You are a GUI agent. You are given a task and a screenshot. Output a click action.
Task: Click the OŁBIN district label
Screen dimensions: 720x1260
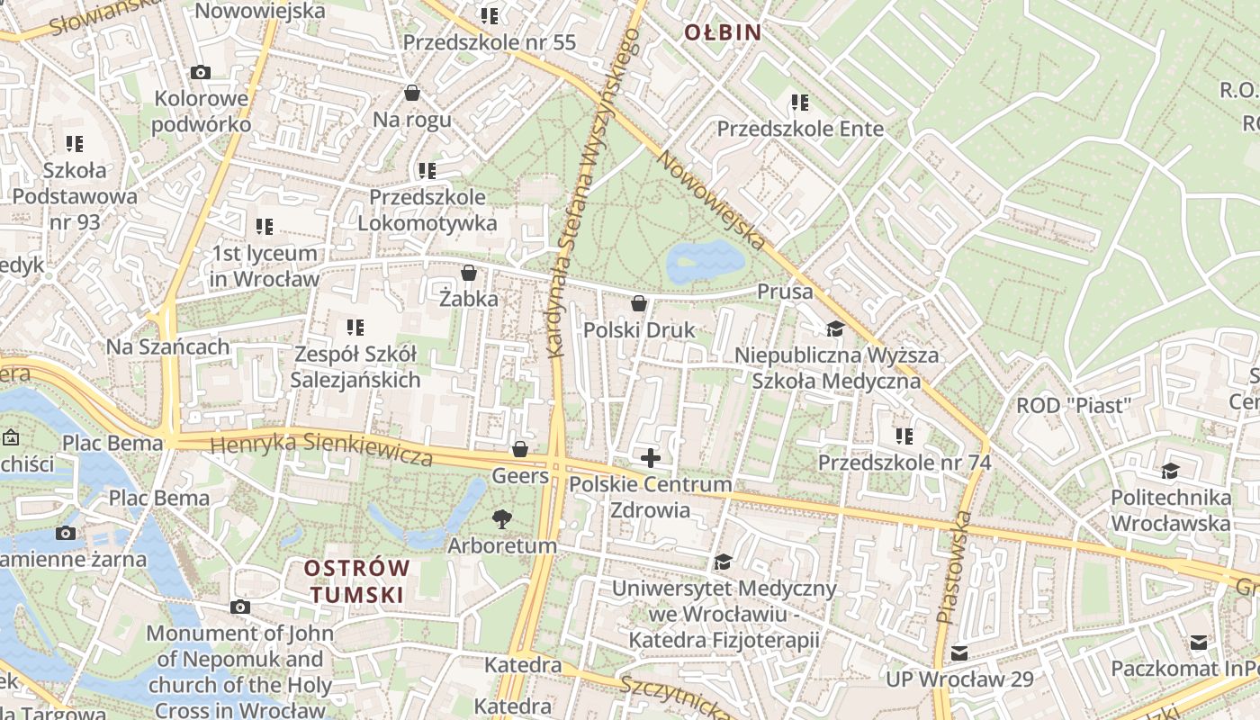(723, 33)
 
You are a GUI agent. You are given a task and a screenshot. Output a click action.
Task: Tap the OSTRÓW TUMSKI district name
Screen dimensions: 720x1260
(356, 581)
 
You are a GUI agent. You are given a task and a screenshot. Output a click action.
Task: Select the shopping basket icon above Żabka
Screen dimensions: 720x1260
(468, 273)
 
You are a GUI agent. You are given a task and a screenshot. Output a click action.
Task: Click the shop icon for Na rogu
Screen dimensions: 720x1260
(412, 93)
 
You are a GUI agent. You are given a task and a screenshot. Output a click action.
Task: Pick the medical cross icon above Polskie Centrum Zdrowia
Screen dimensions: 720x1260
(650, 458)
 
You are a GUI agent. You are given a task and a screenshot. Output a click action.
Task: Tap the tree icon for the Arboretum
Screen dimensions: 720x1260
(501, 518)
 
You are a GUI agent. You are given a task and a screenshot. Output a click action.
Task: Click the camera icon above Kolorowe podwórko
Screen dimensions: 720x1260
(200, 72)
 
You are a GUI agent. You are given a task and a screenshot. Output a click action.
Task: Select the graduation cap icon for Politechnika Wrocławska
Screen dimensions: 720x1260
(1170, 471)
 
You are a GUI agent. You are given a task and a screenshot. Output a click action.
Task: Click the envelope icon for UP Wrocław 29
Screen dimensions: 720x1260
(959, 652)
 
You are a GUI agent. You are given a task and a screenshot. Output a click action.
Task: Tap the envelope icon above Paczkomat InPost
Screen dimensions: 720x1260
(1199, 642)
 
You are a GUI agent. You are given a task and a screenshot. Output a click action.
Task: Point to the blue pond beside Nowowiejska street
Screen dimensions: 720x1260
(705, 262)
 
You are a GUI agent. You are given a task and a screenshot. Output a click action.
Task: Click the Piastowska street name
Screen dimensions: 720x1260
(954, 567)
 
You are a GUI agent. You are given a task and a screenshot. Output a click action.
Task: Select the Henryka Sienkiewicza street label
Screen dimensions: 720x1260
(321, 449)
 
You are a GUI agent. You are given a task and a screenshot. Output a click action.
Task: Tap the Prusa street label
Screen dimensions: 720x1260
(785, 292)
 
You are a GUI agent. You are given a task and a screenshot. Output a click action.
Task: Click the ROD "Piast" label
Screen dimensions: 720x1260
(1072, 405)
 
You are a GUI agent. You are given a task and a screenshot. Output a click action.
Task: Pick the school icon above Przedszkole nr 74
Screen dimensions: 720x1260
(904, 436)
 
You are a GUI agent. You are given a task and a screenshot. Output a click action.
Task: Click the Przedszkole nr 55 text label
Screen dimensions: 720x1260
(489, 42)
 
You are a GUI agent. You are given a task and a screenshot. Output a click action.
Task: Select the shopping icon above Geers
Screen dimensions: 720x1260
(519, 448)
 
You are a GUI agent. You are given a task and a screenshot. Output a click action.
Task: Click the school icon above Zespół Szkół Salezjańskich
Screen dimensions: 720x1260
(355, 328)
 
